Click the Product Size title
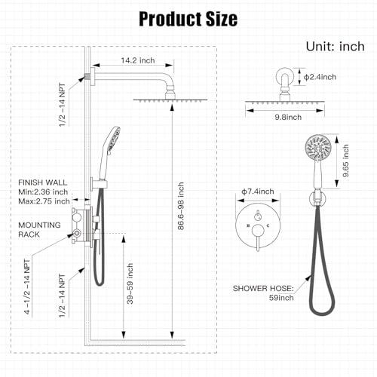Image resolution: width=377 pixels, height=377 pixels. tap(188, 19)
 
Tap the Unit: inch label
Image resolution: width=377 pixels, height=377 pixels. tap(336, 47)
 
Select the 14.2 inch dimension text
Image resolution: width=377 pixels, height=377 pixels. tap(138, 60)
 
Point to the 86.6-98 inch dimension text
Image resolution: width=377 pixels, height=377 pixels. tap(181, 206)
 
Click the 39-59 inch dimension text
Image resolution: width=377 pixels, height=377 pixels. tap(130, 284)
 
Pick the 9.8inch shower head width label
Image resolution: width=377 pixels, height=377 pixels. tap(288, 117)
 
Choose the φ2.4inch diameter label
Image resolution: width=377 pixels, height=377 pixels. tap(320, 77)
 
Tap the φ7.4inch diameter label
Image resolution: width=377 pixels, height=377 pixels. tap(258, 192)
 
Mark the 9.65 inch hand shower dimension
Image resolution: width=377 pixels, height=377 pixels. tap(346, 161)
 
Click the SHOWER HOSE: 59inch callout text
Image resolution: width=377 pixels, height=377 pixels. tap(263, 293)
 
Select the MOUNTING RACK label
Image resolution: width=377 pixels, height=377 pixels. tap(39, 230)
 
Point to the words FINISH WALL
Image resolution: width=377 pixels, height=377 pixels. tap(43, 182)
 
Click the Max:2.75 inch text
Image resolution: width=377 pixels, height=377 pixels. tap(44, 201)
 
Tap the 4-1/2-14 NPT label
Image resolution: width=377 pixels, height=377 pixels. tap(27, 287)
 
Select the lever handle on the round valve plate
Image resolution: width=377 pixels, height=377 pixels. tap(258, 237)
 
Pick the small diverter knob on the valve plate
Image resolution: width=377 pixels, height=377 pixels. tap(258, 216)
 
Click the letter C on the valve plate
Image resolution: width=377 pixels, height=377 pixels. tap(268, 225)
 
